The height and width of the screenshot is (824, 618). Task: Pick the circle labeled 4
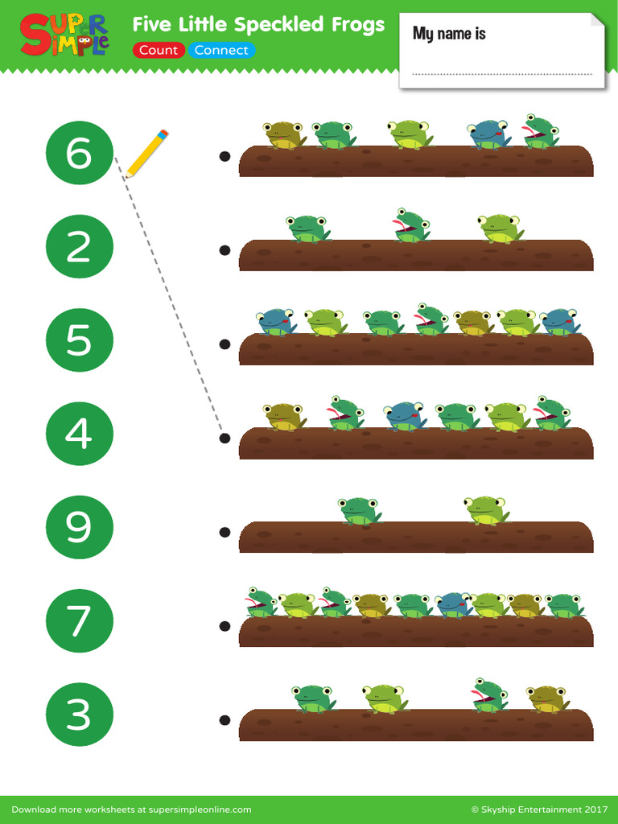click(79, 434)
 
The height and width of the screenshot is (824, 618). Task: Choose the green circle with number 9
click(79, 527)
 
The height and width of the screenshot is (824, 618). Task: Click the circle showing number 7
click(79, 620)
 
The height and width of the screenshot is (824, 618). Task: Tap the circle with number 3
click(79, 714)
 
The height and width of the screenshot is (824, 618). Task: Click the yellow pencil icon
click(146, 153)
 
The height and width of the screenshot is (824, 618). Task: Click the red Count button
click(159, 50)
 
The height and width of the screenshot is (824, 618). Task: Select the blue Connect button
click(221, 50)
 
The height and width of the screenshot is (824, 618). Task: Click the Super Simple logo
click(64, 35)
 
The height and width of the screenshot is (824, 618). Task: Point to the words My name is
click(449, 34)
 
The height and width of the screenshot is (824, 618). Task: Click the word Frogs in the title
click(358, 25)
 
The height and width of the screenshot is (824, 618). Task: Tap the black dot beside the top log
click(225, 156)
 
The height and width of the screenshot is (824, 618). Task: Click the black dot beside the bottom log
click(225, 719)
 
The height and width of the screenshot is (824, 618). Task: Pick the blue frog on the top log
click(488, 134)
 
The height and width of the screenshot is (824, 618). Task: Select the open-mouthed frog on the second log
click(411, 226)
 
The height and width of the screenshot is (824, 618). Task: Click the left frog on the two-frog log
click(359, 510)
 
